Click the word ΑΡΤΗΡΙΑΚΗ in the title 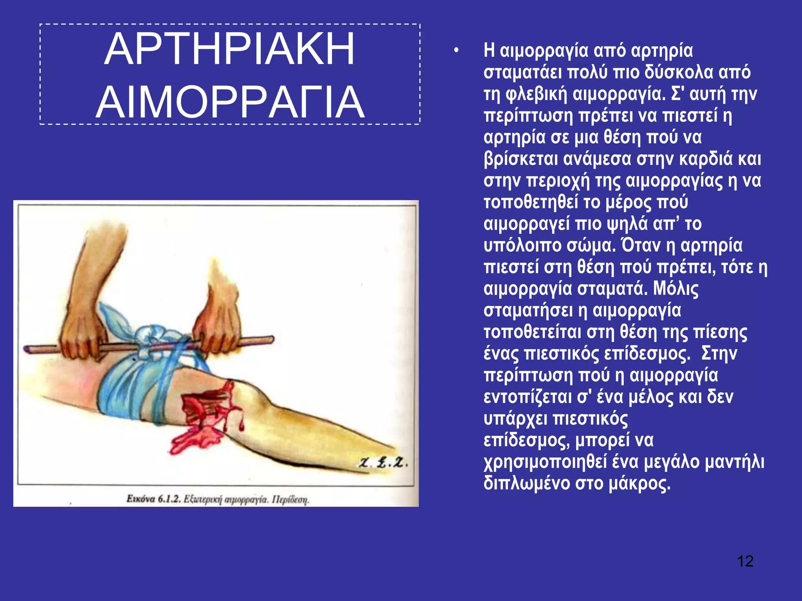tap(229, 49)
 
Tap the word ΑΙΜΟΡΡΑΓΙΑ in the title tap(230, 103)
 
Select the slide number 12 tap(745, 561)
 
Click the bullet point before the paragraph tap(456, 51)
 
